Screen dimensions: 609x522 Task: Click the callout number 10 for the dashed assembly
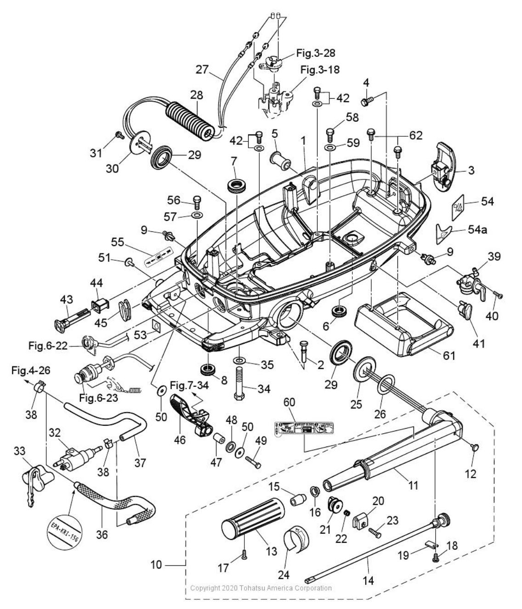[x=156, y=564]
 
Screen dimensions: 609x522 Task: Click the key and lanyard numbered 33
[x=37, y=481]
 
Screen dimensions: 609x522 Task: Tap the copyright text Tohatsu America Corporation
[x=261, y=588]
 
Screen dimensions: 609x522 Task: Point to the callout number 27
[x=202, y=69]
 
